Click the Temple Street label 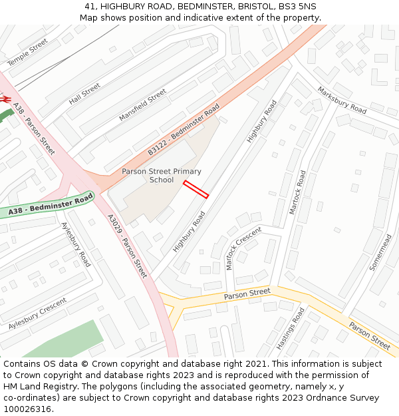tap(28, 52)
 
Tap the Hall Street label tap(84, 94)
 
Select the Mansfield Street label tap(143, 105)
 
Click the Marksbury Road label tap(342, 100)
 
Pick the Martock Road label tap(297, 192)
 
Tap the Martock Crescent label tap(243, 248)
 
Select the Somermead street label tap(381, 251)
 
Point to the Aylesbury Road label tap(76, 244)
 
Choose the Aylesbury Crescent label tap(38, 314)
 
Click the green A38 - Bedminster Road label tap(51, 206)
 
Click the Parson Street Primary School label tap(162, 176)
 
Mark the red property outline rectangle tap(196, 190)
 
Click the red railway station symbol tap(5, 99)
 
